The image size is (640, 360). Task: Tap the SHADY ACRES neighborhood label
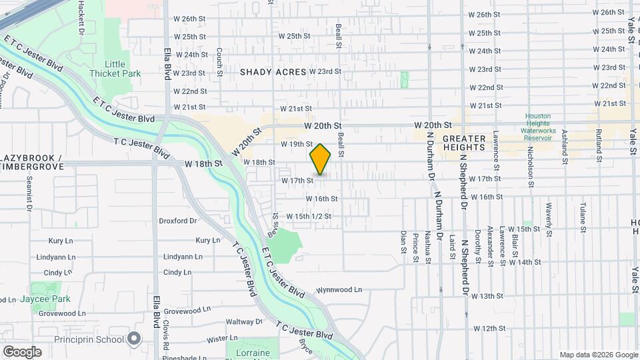point(273,72)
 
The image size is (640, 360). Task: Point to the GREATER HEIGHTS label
point(463,142)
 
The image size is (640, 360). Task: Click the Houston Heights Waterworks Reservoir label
point(538,127)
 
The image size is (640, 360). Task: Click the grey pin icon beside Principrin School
point(134,339)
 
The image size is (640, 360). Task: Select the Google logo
point(22,351)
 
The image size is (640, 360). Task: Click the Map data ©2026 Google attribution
point(598,355)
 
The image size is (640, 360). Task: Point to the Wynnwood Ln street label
point(339,290)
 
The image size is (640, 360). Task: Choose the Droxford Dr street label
point(178,221)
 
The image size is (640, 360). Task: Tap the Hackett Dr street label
point(81,17)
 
